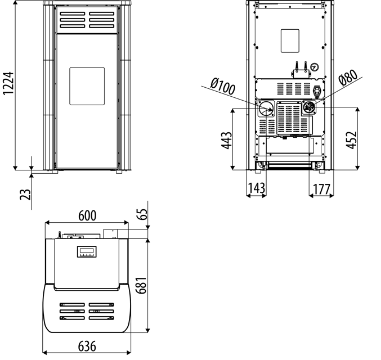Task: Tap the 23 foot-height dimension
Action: pos(25,194)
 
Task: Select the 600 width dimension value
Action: pos(87,215)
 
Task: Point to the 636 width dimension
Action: pos(87,346)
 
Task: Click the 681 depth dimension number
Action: pos(141,285)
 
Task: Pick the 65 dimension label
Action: pos(142,214)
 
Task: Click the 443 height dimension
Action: pos(226,140)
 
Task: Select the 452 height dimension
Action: pos(352,140)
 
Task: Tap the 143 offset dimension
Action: pos(257,188)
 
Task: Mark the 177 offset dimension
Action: pos(322,189)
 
